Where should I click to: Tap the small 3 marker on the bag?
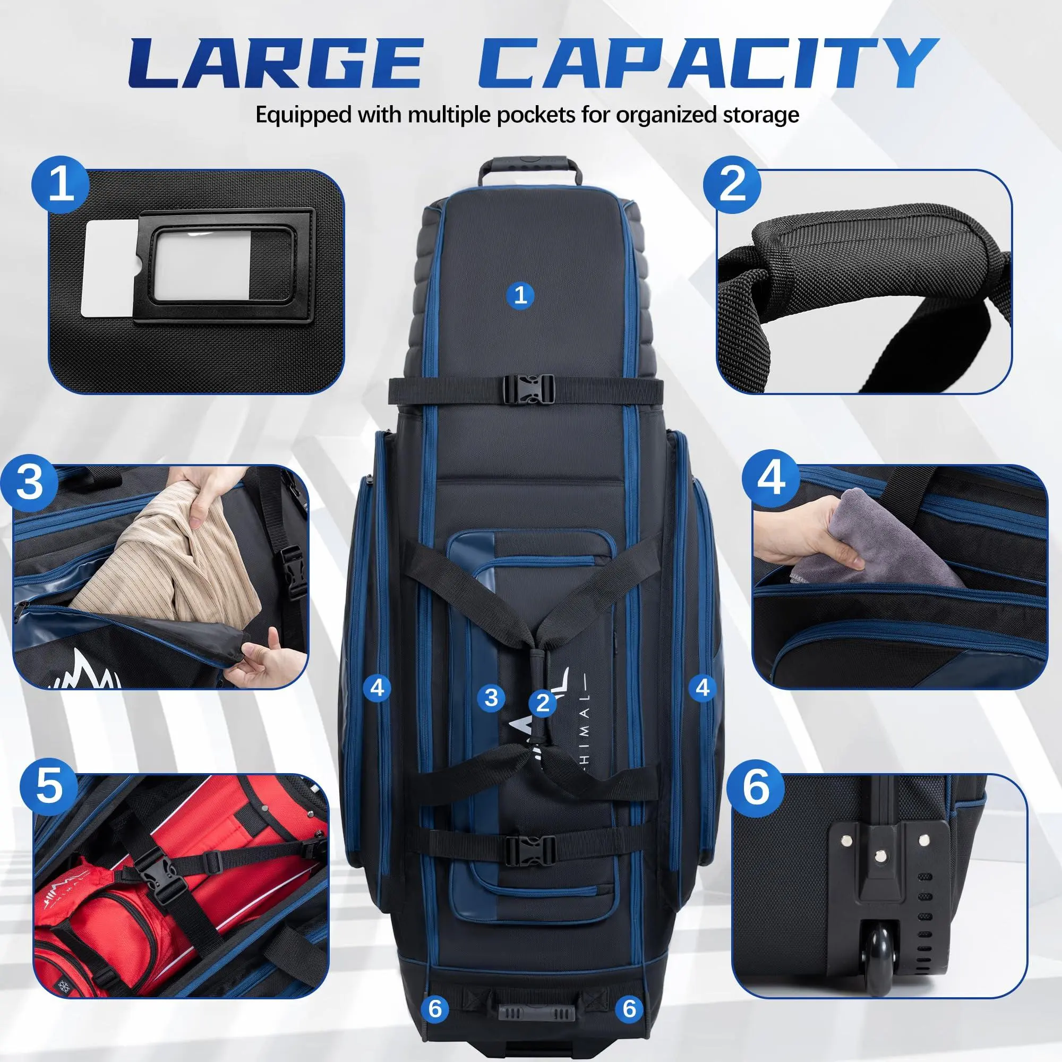[491, 698]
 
